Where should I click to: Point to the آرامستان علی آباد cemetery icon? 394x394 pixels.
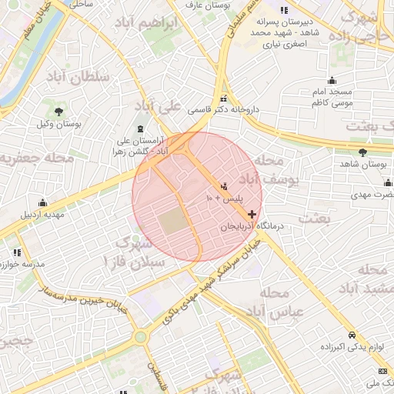139,129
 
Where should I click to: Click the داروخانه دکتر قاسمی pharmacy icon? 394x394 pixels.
224,99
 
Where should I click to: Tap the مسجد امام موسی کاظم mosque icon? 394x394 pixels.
332,80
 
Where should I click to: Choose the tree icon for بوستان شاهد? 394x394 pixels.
362,152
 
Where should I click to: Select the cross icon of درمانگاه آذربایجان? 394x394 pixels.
252,213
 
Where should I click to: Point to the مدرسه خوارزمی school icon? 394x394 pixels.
16,252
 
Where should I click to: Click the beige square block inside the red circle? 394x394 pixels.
173,222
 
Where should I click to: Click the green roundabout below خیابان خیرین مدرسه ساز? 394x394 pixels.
140,337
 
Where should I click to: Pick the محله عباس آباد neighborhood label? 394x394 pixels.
283,303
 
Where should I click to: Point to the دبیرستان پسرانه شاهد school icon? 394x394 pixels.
283,11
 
